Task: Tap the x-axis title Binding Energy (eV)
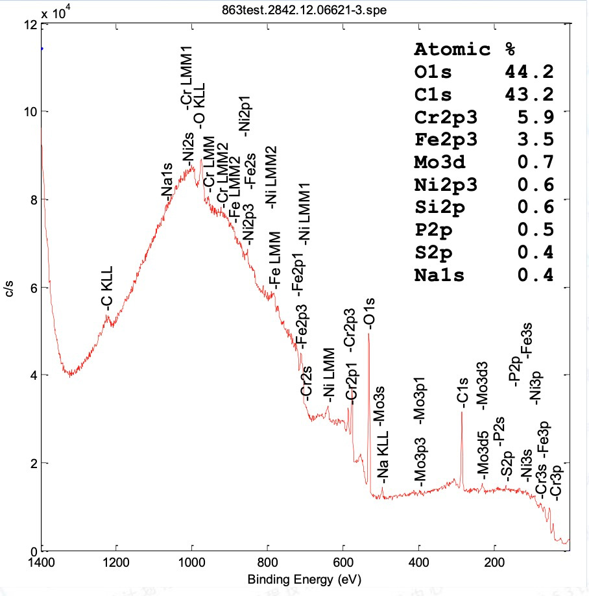[305, 578]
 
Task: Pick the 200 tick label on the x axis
[495, 562]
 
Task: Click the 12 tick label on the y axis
[29, 25]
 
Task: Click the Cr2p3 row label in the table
[446, 117]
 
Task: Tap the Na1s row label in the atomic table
[440, 275]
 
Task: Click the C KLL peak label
[106, 286]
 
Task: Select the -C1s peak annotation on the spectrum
[462, 391]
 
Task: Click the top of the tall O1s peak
[368, 334]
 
